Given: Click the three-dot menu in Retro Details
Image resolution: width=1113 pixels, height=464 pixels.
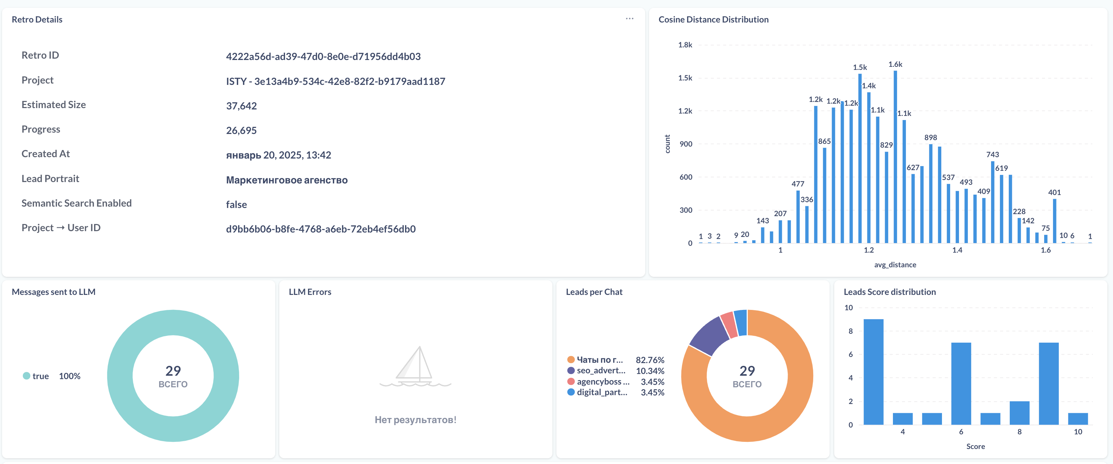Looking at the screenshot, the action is tap(630, 19).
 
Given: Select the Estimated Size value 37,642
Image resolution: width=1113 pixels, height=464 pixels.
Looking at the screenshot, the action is tap(241, 106).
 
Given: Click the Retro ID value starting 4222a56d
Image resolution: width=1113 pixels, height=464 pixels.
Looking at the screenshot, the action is tap(323, 56).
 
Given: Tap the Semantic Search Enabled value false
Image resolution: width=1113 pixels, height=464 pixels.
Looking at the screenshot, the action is tap(236, 205).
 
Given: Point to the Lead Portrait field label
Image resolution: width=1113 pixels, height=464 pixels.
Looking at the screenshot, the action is tap(50, 179).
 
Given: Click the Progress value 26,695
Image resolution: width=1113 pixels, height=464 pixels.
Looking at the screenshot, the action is tap(241, 131).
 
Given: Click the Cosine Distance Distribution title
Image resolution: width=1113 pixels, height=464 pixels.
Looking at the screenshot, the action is tap(713, 19).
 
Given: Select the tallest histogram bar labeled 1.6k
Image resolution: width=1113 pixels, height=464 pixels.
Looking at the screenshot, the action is tap(895, 156).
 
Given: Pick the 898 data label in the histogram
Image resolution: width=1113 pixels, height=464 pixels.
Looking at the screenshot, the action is tap(931, 137).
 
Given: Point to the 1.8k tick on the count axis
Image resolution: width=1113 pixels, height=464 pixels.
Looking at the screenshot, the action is tap(685, 45).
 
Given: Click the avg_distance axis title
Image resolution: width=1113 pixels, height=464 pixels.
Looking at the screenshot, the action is tap(895, 265).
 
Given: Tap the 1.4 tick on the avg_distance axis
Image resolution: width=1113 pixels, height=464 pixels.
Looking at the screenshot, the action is tap(957, 250).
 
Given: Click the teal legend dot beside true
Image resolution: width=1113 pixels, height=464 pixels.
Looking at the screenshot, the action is tap(26, 376).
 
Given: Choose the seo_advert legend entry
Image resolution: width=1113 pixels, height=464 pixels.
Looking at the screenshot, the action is tap(596, 371).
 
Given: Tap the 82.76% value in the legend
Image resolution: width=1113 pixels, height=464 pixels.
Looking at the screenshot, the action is tap(650, 360).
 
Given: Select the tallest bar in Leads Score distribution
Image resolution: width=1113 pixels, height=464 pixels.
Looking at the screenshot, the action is tap(873, 372).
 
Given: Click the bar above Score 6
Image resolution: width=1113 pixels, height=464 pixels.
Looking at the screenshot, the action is tap(961, 384).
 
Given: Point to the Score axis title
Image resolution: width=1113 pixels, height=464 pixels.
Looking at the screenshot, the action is tap(976, 446).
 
